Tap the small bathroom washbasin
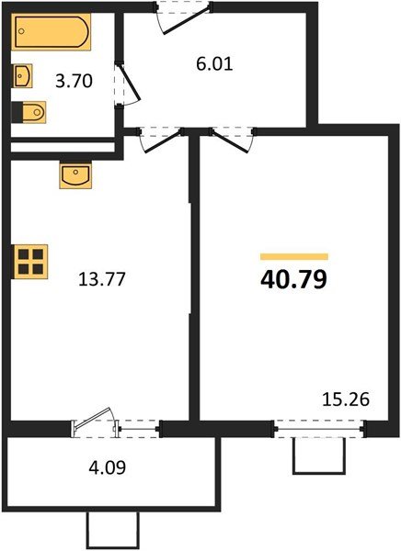tap(23, 74)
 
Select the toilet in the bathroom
tap(29, 112)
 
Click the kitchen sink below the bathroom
tap(74, 174)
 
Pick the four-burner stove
tap(29, 260)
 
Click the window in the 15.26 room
tap(319, 426)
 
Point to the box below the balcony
tap(112, 531)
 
